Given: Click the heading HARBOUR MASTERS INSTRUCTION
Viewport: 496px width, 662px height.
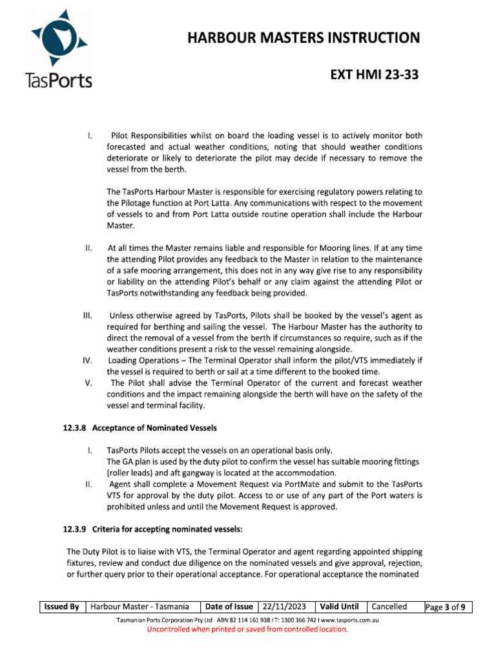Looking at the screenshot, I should pyautogui.click(x=304, y=38).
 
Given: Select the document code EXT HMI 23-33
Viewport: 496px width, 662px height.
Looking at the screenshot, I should pyautogui.click(x=375, y=76).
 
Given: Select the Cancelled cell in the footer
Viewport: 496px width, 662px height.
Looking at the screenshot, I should pyautogui.click(x=389, y=606).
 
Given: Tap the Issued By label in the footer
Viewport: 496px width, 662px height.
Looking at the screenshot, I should pyautogui.click(x=62, y=606).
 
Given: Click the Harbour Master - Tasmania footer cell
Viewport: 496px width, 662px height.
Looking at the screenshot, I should pyautogui.click(x=140, y=606).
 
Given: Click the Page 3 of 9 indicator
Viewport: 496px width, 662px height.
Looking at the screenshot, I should pyautogui.click(x=448, y=607).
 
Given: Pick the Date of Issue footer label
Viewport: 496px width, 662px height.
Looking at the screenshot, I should pyautogui.click(x=229, y=606).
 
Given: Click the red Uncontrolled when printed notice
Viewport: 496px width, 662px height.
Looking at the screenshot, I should pyautogui.click(x=247, y=629).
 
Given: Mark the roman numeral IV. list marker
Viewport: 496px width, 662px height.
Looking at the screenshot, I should pyautogui.click(x=90, y=360).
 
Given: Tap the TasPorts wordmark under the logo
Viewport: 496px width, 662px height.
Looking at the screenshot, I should pyautogui.click(x=57, y=80).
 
